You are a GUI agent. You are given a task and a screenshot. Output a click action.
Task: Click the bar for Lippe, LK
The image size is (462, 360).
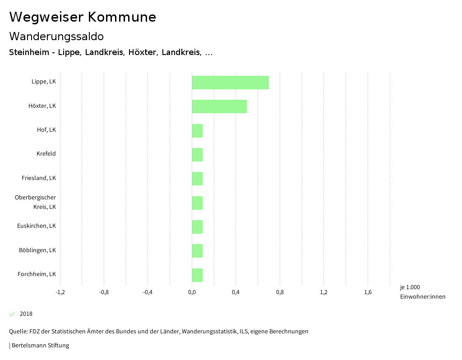coord(230,83)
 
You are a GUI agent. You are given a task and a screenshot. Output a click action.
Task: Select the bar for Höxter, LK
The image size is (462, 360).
coord(219,106)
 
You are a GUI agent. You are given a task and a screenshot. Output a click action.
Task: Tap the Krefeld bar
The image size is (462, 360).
coord(197,155)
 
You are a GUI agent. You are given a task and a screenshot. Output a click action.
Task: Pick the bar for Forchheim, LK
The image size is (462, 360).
coord(197,275)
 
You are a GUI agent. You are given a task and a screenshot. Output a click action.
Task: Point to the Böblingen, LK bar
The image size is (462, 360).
coord(197,251)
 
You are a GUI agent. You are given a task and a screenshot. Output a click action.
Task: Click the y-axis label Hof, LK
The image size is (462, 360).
coord(46,130)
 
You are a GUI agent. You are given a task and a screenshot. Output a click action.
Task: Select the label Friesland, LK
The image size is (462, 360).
coord(39,178)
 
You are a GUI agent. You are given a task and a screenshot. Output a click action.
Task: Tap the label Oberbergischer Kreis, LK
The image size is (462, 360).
coord(36,202)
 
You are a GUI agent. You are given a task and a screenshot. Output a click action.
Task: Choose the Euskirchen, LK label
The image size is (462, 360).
coord(37,226)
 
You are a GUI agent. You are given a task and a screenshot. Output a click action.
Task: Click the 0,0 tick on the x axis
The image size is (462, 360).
coord(192,292)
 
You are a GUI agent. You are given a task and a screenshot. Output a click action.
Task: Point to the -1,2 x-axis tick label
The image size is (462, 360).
coord(60,292)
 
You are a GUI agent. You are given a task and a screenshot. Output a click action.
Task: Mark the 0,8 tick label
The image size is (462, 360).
coord(280,292)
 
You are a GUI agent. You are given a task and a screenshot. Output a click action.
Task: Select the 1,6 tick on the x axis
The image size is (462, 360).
coord(368,292)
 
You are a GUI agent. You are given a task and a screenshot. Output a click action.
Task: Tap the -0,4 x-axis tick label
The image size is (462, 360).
coord(148,292)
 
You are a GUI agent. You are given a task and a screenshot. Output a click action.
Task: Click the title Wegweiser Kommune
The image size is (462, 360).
coord(83,17)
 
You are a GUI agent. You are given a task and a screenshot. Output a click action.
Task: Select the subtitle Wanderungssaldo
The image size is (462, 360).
coord(56,36)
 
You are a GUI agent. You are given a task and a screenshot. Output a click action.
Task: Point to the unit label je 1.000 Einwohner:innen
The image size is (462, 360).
coord(422,292)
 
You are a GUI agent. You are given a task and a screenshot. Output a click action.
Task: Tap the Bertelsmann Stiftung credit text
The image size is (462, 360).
coord(40,346)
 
